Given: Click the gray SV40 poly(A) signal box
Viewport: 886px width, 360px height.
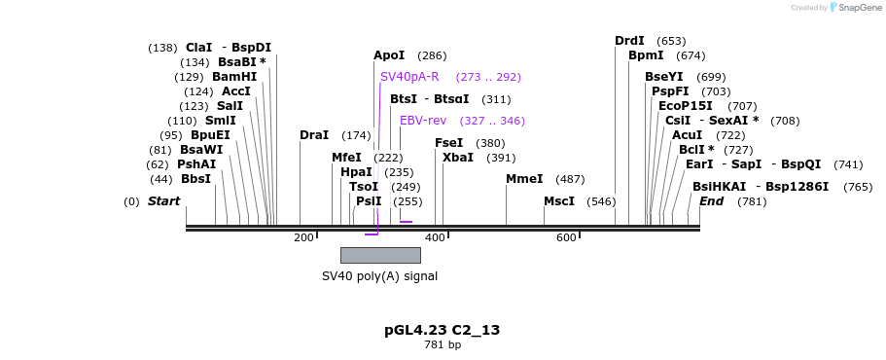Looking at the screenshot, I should [380, 255].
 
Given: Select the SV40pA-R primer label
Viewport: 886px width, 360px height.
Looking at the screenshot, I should [409, 77].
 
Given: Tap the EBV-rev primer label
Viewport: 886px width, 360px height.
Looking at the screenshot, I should [423, 121].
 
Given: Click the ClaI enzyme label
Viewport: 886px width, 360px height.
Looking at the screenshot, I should [198, 48].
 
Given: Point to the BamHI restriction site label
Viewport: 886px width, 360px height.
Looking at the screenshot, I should [234, 77].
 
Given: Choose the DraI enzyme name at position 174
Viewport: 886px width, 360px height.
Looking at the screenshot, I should [314, 135].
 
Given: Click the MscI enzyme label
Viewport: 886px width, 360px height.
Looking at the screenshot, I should [559, 201].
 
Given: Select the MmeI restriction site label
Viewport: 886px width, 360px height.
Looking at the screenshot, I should [524, 179].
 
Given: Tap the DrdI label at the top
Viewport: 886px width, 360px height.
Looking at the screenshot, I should [629, 41].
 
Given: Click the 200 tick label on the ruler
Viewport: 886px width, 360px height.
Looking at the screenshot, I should [303, 237].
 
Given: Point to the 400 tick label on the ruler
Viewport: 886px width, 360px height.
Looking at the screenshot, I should [435, 237].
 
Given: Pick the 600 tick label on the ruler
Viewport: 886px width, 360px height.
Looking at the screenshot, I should [566, 237].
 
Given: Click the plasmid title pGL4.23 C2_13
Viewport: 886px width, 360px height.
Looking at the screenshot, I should [443, 330].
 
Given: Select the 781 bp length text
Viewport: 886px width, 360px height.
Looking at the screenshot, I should [443, 345].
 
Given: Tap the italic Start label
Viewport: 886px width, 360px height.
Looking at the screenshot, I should [163, 201].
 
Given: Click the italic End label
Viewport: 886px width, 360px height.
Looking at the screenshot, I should [711, 201].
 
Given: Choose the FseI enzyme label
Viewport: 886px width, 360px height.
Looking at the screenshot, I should [448, 143].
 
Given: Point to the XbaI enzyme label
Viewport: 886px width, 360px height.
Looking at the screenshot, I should [458, 158].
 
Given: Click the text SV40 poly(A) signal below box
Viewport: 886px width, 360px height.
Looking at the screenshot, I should [380, 276].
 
